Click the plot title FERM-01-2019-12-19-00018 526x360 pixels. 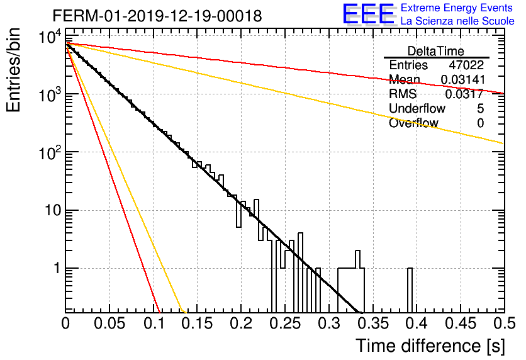pos(157,16)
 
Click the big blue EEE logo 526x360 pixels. pos(369,14)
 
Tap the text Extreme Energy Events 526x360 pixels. pos(457,8)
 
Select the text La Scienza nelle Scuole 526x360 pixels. pos(457,21)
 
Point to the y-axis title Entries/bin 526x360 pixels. pos(14,70)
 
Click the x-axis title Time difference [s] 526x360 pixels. pos(430,346)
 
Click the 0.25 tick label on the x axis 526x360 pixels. pos(286,323)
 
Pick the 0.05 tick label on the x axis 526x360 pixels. pos(109,323)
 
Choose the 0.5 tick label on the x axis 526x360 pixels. pos(504,323)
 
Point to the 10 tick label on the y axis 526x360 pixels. pos(53,211)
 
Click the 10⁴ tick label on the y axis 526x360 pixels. pos(50,37)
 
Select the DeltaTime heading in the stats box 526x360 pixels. pos(436,51)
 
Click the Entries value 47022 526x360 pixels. pos(466,65)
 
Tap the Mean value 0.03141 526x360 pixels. pos(463,79)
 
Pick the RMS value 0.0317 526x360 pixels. pos(464,94)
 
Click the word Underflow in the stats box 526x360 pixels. pos(417,108)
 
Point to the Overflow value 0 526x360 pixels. pos(480,123)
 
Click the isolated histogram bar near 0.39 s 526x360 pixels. pos(410,290)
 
